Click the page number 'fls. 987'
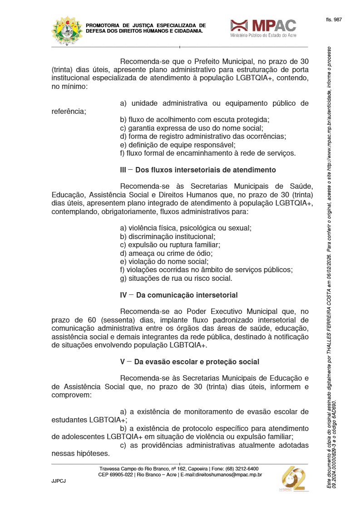pyautogui.click(x=334, y=20)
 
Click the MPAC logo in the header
pyautogui.click(x=263, y=28)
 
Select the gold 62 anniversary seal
pyautogui.click(x=293, y=479)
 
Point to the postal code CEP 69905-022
pyautogui.click(x=115, y=475)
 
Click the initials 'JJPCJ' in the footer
pyautogui.click(x=59, y=481)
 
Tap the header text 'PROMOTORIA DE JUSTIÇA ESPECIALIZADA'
pyautogui.click(x=145, y=25)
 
